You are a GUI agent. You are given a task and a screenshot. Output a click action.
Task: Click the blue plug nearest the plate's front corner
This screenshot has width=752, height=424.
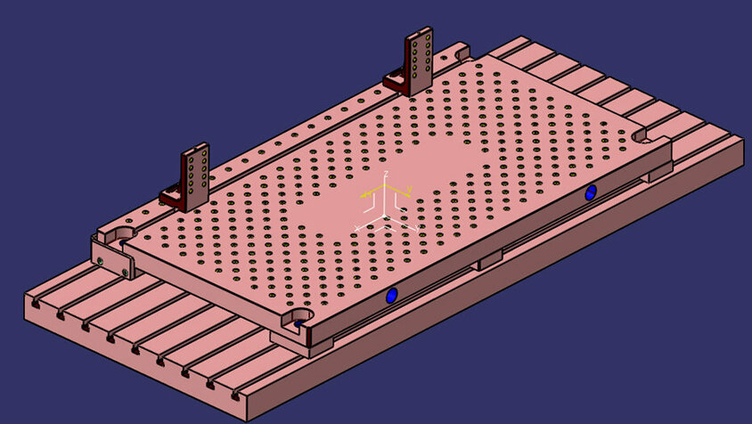390,296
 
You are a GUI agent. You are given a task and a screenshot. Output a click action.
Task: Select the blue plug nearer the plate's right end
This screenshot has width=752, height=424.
591,192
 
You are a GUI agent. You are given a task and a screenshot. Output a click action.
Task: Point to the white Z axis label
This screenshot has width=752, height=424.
386,171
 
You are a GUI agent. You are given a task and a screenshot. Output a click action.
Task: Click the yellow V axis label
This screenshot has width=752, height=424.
408,189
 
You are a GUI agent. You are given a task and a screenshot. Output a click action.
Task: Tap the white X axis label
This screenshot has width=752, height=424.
358,229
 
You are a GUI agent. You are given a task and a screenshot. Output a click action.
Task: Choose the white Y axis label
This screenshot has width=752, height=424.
419,224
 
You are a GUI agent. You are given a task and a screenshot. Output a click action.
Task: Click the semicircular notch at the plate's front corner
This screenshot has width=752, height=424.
298,317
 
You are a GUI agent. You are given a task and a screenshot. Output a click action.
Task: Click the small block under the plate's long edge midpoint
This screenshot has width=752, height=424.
488,261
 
